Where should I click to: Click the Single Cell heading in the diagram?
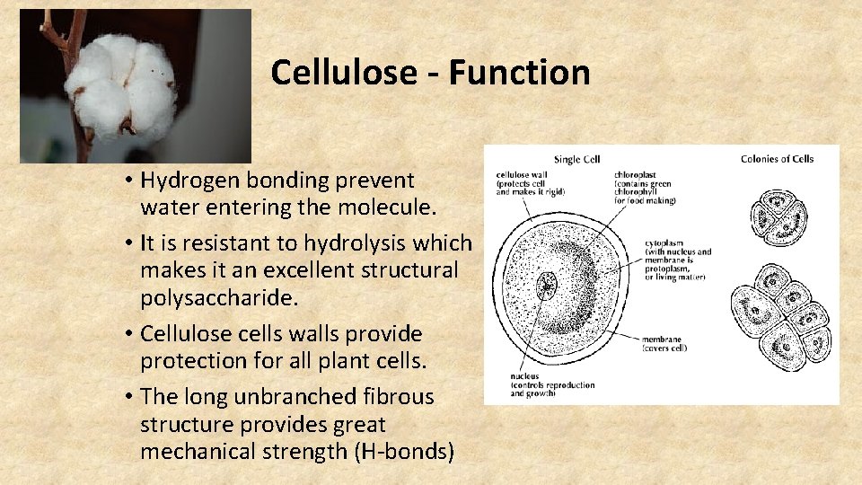coord(576,159)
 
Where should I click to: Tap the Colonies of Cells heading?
coord(777,159)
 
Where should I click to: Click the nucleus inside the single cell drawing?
coord(546,287)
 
